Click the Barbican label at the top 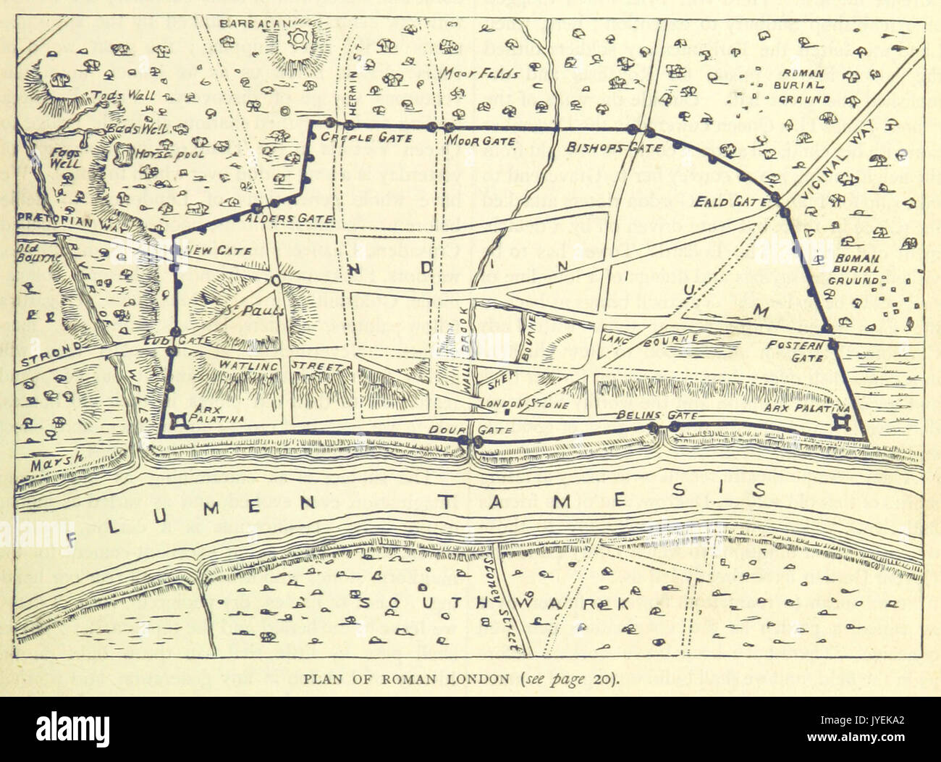pyautogui.click(x=246, y=23)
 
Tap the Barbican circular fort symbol pyautogui.click(x=297, y=37)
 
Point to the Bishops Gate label pyautogui.click(x=615, y=148)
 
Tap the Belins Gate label pyautogui.click(x=657, y=416)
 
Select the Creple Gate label pyautogui.click(x=366, y=138)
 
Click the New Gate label pyautogui.click(x=218, y=250)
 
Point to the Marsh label pyautogui.click(x=54, y=459)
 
